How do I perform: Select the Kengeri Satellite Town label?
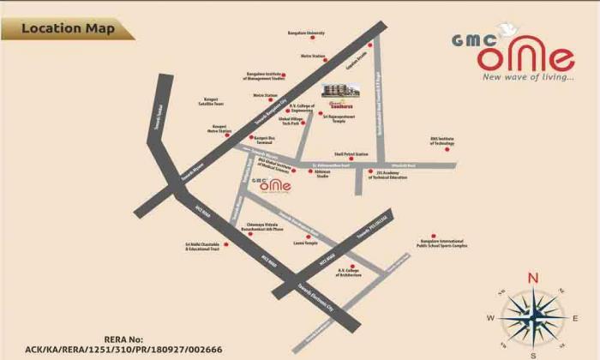212,101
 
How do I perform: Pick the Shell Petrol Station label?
351,154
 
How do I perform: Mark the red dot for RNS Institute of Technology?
434,140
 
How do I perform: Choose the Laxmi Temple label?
304,243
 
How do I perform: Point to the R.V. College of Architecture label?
346,273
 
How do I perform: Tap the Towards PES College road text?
379,220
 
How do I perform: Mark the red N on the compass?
532,277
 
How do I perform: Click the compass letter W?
491,317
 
